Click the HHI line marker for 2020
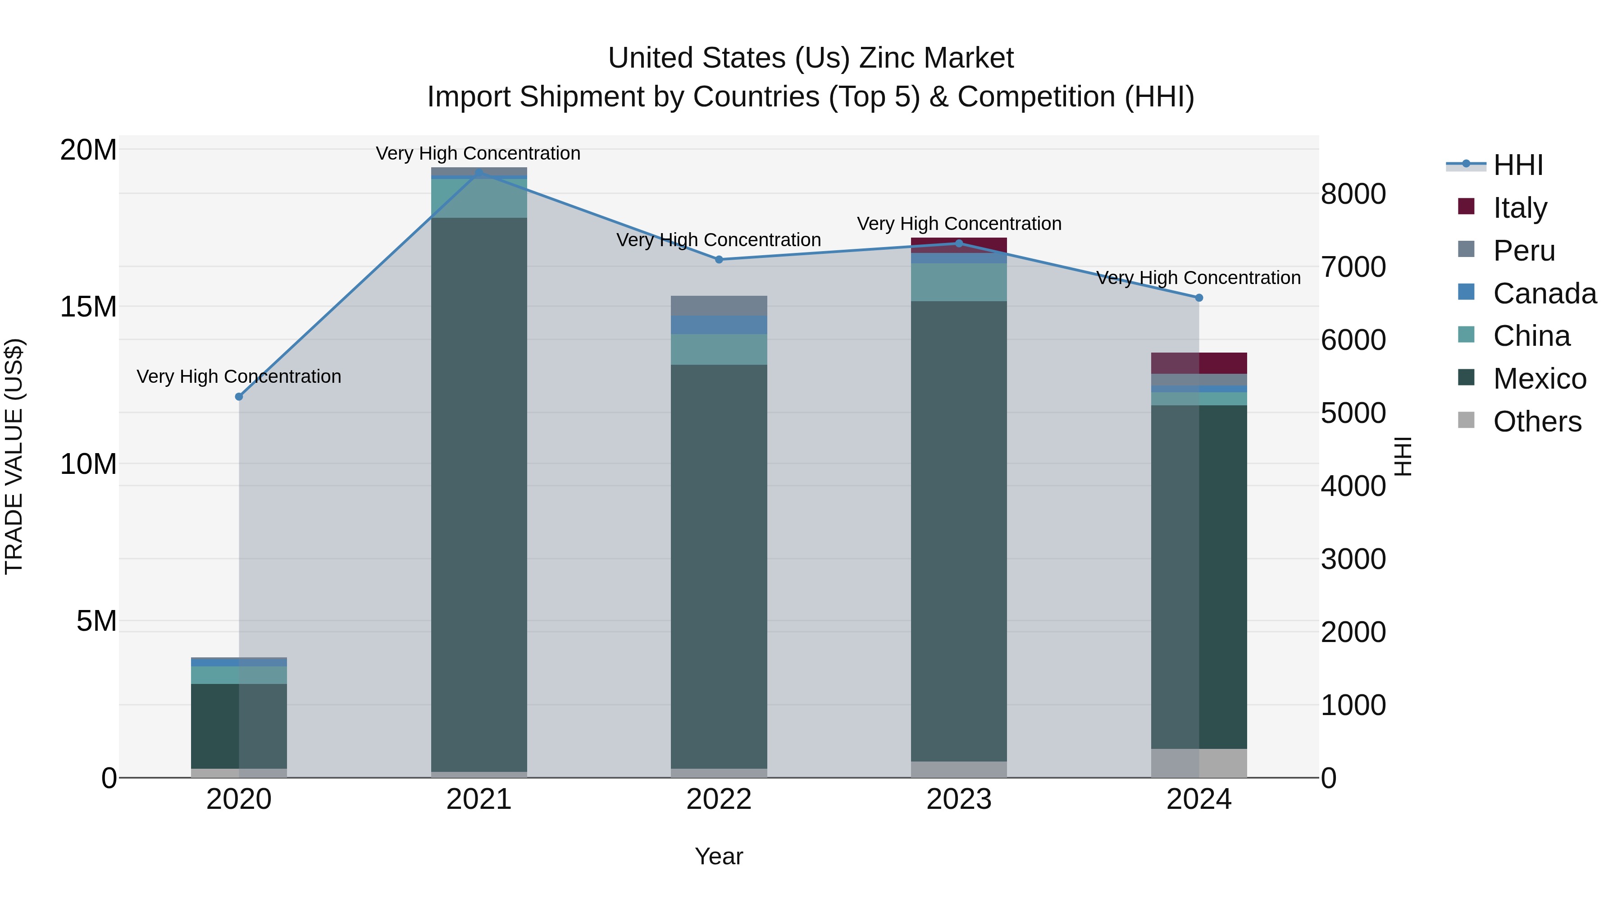[239, 396]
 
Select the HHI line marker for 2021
[478, 172]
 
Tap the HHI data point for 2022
[719, 259]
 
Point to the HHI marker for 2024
[1199, 298]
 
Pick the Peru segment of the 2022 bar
[719, 306]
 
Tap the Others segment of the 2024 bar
[1199, 763]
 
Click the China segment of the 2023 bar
[959, 282]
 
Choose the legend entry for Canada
[1544, 294]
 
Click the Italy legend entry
[1519, 208]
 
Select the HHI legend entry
[1517, 165]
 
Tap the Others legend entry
[1536, 422]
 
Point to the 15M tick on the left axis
[88, 307]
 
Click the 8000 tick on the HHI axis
[1353, 194]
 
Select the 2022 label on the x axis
[719, 799]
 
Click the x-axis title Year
[719, 856]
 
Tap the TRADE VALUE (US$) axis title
[14, 456]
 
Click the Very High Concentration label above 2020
[239, 376]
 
